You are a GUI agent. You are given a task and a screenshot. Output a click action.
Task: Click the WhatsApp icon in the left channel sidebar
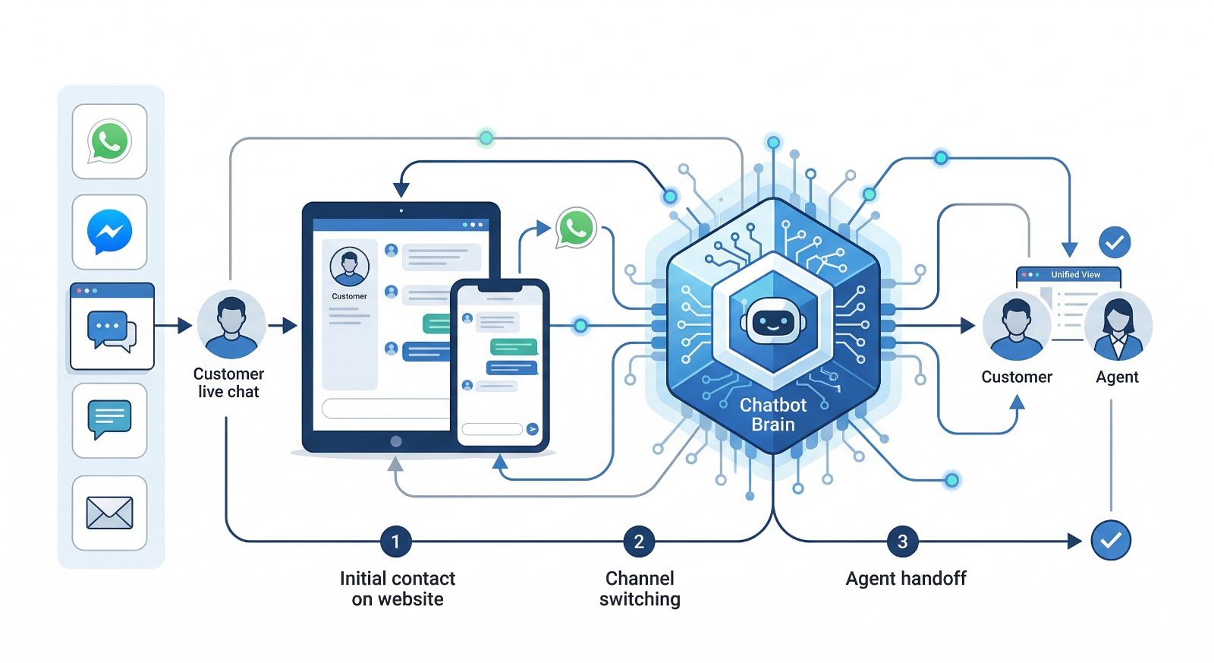coord(109,141)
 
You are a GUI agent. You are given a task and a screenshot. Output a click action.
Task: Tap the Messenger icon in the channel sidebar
coord(109,232)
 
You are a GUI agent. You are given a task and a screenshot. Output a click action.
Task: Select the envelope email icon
coord(109,513)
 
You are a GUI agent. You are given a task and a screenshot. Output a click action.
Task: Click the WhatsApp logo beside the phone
coord(576,227)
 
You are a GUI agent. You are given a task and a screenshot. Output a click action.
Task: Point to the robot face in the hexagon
coord(772,323)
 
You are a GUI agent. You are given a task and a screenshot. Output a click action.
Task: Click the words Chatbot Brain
coord(772,415)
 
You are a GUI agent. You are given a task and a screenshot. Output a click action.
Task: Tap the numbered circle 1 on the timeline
coord(395,541)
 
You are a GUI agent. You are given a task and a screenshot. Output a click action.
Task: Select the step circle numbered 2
coord(639,541)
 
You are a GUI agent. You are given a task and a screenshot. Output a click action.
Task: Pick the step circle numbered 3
coord(902,541)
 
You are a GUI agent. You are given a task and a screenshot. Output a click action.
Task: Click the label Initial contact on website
coord(397,589)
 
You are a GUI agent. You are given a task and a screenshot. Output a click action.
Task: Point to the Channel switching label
coord(640,589)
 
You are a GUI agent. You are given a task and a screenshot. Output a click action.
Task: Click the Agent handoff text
coord(906,579)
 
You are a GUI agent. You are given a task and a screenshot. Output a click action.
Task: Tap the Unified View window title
coord(1075,274)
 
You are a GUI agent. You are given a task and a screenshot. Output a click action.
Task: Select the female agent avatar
coord(1118,326)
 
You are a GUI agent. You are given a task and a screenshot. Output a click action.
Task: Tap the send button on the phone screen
coord(533,429)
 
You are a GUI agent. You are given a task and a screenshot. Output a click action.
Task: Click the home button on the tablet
coord(395,441)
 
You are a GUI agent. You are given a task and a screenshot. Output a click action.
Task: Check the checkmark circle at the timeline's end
coord(1111,540)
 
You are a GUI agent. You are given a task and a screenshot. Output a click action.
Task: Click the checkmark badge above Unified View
coord(1115,242)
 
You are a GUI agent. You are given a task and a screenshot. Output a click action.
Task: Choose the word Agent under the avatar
coord(1117,377)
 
